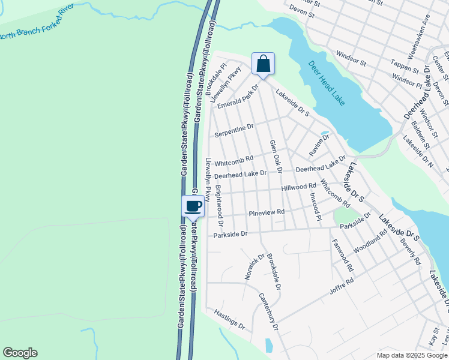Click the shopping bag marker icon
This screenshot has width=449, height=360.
point(263,63)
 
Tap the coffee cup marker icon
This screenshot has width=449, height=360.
point(193,207)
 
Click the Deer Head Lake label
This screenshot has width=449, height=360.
point(327,83)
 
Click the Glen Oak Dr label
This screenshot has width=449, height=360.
point(276,157)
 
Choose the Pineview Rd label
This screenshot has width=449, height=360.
point(266,212)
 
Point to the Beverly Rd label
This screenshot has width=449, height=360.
point(414,254)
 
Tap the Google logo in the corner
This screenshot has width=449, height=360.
point(20,353)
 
